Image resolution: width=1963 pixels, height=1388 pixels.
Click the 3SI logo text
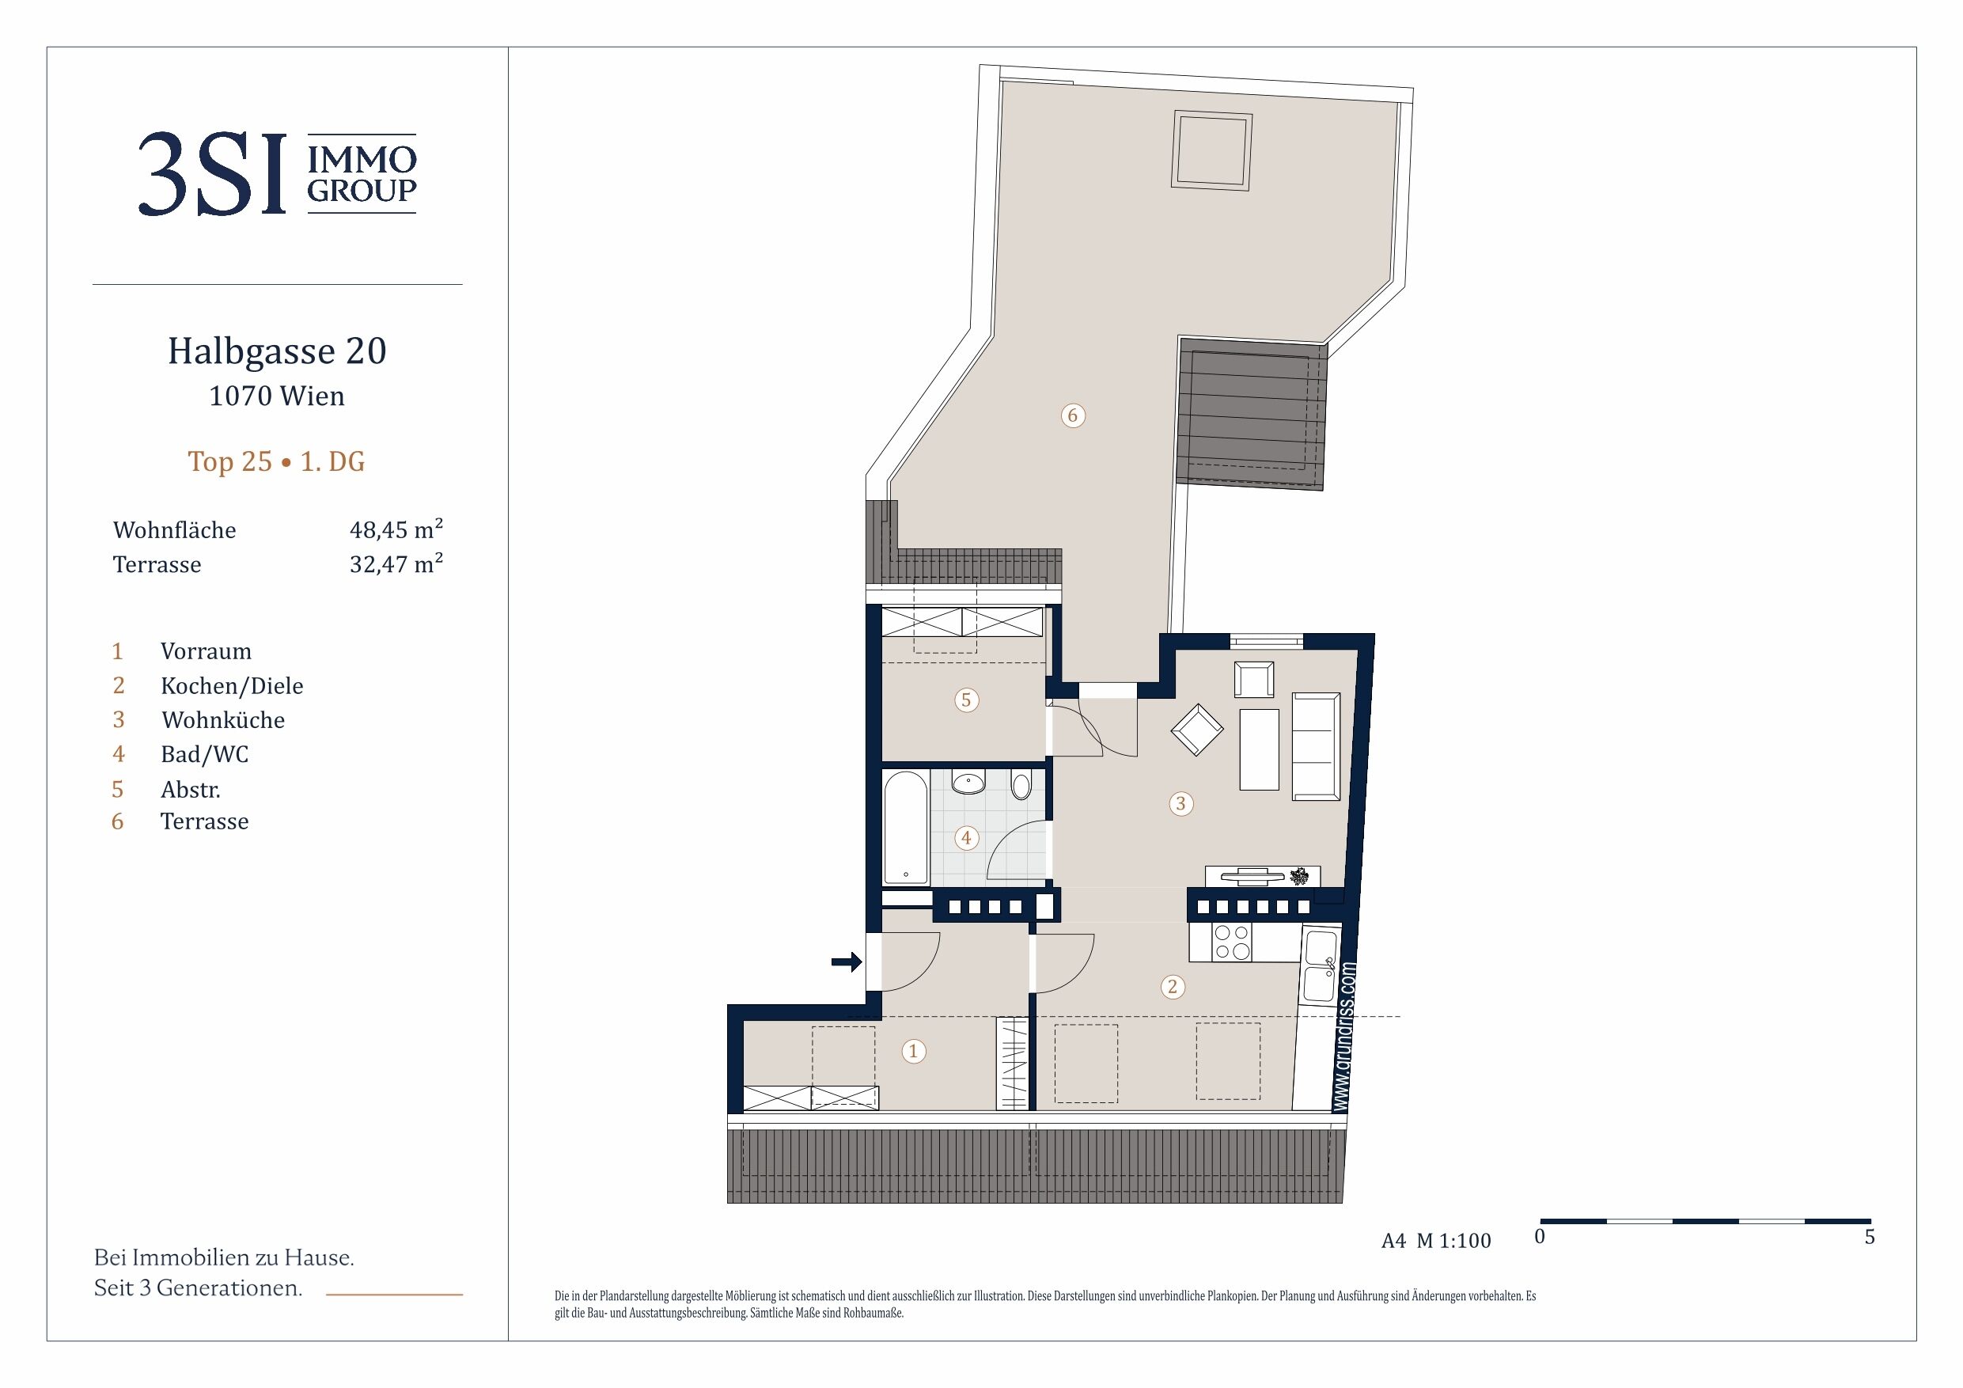coord(211,174)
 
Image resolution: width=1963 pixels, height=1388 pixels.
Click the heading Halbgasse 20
coord(277,351)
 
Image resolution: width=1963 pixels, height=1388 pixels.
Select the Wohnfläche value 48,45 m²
coord(396,529)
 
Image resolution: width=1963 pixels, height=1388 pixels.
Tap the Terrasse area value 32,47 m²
coord(396,563)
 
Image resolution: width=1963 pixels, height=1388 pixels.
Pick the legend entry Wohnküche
coord(223,719)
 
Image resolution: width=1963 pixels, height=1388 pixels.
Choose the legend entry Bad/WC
coord(204,754)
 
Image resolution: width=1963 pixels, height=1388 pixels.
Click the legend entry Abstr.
coord(191,788)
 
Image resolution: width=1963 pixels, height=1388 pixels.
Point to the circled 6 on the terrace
coord(1073,415)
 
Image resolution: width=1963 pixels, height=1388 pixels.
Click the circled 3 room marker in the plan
coord(1180,803)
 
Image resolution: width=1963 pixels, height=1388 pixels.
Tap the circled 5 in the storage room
coord(966,700)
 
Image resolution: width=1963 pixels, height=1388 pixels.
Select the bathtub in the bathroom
coord(905,827)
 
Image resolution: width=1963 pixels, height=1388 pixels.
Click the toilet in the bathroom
coord(1021,785)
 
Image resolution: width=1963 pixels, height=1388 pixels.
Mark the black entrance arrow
coord(847,962)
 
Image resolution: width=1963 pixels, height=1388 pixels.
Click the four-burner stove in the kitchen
coord(1233,942)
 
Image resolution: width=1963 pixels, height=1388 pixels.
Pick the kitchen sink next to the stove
coord(1320,966)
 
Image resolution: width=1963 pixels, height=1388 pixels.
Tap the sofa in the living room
coord(1316,746)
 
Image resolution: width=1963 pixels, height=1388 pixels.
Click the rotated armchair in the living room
coord(1197,730)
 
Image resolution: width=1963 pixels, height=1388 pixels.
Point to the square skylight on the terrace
coord(1212,150)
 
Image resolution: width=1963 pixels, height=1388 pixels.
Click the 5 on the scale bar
coord(1870,1237)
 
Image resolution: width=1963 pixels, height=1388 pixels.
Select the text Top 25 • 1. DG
coord(276,462)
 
